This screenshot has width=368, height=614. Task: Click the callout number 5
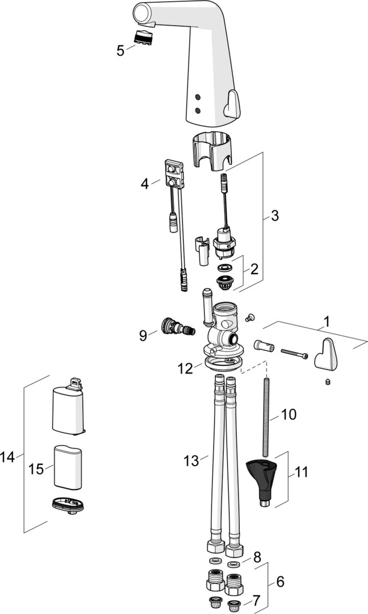click(x=120, y=51)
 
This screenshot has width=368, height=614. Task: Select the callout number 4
click(x=145, y=184)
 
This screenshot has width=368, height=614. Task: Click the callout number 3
click(x=274, y=216)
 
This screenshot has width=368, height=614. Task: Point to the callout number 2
click(x=254, y=268)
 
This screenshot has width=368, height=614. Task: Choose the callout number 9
click(x=143, y=335)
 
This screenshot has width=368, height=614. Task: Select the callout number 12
click(x=185, y=368)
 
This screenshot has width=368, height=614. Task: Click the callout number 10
click(x=288, y=414)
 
